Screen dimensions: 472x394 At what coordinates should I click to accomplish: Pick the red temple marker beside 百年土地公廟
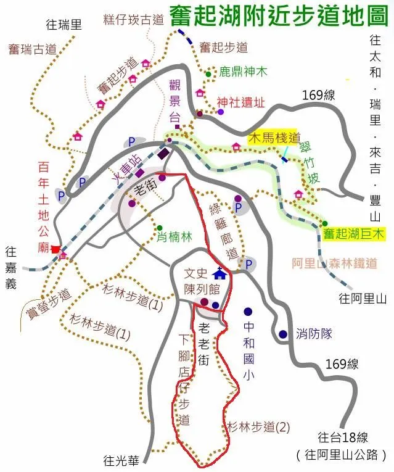coord(56,249)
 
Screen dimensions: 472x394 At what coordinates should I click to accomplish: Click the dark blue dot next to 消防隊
coord(282,334)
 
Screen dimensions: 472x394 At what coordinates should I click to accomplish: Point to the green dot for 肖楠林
coord(160,228)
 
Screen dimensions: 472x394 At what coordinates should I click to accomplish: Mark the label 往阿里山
coord(362,299)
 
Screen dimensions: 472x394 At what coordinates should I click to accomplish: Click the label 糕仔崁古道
coord(134,20)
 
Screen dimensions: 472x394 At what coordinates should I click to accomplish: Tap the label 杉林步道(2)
coord(258,426)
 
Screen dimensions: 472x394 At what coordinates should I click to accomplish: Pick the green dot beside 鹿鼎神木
coord(208,74)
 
